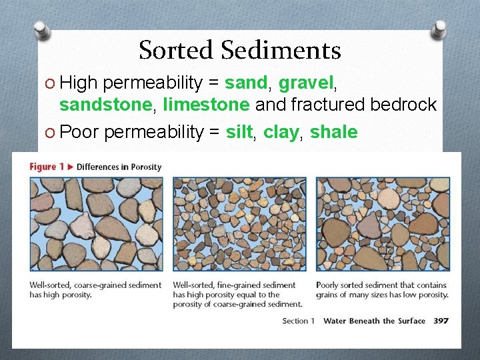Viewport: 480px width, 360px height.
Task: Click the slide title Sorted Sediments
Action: coord(240,50)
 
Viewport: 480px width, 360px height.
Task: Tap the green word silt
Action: coord(239,132)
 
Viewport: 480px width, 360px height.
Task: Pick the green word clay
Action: coord(280,132)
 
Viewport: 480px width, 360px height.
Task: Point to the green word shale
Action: coord(333,132)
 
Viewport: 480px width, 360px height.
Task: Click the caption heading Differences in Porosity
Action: coord(119,167)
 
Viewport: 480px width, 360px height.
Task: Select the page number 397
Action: coord(441,321)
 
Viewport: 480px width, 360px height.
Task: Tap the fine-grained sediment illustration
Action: coord(239,223)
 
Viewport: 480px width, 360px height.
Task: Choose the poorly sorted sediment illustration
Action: coord(383,223)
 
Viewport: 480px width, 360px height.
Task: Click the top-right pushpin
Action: coord(439,29)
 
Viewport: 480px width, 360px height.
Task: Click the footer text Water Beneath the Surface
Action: coord(374,321)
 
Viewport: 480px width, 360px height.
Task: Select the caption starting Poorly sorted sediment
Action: coord(382,290)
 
